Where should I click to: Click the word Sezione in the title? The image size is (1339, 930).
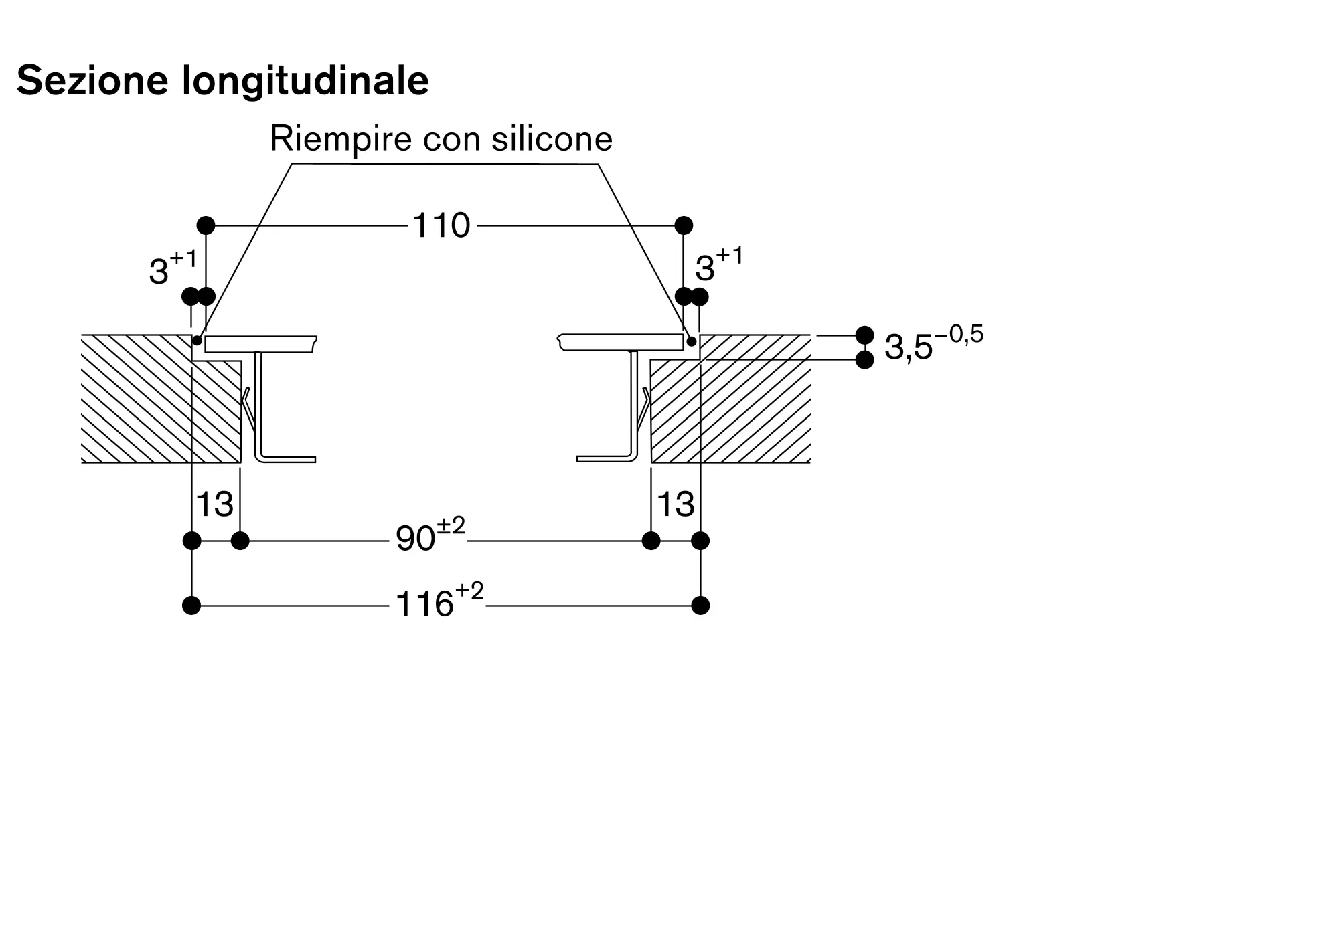[92, 80]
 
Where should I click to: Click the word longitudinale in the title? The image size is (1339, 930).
[305, 81]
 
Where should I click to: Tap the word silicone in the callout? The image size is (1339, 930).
[552, 138]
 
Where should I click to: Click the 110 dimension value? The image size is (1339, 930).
[441, 225]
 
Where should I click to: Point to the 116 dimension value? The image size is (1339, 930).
[424, 604]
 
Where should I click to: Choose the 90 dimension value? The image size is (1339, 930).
[416, 539]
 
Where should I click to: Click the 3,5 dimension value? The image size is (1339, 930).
[909, 347]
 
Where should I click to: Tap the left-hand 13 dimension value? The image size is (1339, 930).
[214, 504]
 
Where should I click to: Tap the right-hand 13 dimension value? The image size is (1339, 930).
[676, 504]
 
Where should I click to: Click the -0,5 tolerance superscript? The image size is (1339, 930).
[959, 333]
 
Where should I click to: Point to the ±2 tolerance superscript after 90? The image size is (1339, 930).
[451, 525]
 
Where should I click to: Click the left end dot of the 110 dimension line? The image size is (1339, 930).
[206, 225]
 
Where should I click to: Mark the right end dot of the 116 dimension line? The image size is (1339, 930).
[700, 606]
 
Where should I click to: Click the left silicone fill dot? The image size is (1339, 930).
[197, 341]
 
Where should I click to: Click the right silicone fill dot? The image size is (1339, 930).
[692, 341]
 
